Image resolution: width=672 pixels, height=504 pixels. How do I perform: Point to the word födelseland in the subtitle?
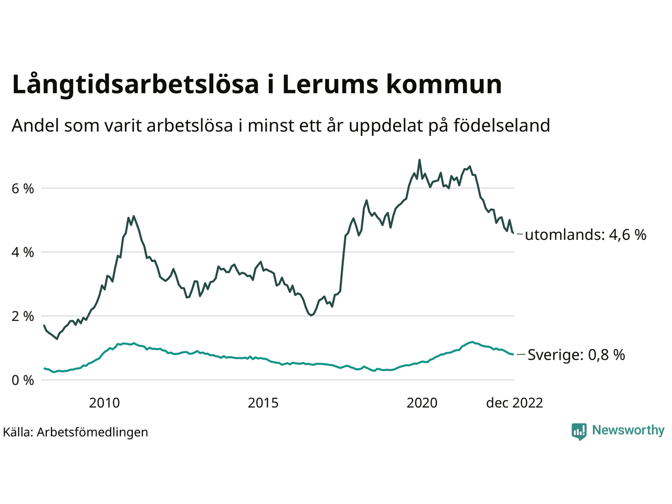501,125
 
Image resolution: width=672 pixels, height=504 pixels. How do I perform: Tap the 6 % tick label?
23,188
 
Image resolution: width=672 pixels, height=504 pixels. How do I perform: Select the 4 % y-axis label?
23,252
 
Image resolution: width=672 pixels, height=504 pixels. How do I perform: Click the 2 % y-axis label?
23,316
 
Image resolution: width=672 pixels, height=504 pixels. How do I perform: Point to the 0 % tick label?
23,380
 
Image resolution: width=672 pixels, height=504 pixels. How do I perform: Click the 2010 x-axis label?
104,403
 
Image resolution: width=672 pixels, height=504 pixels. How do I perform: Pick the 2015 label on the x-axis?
263,403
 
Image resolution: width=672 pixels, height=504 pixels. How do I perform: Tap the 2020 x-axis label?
422,403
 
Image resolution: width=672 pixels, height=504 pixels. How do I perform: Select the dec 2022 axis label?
514,403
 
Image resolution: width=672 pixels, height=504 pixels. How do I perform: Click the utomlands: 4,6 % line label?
585,235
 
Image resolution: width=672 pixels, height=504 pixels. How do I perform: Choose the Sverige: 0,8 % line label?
576,355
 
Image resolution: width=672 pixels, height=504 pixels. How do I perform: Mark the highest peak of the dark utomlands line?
419,160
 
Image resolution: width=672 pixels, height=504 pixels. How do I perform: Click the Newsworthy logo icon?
579,431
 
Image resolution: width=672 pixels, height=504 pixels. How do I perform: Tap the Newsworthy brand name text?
628,430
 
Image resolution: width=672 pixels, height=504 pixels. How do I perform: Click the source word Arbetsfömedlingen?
92,432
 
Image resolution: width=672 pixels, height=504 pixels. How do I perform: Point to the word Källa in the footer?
17,432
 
